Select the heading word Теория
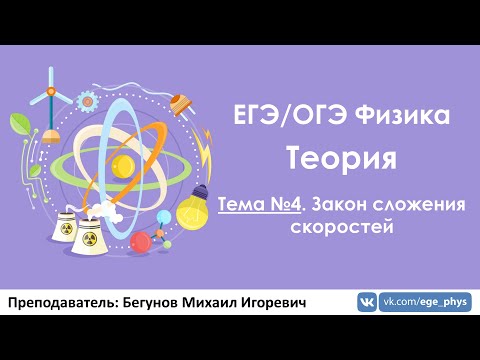click(x=342, y=157)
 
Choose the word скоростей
click(x=342, y=227)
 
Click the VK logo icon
click(x=367, y=302)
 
